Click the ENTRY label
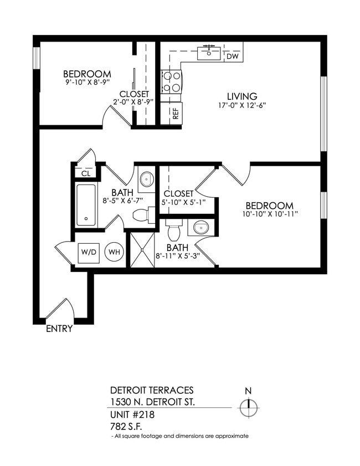[59, 329]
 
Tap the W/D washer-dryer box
[89, 252]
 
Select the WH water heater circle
[115, 252]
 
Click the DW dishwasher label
[233, 57]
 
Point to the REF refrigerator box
[175, 114]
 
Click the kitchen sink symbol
[209, 53]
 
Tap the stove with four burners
[171, 81]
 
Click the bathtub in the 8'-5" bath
[86, 205]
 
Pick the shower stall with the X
[142, 250]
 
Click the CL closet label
[85, 173]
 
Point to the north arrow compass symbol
[249, 408]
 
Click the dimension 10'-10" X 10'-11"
[270, 214]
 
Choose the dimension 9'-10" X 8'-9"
[87, 83]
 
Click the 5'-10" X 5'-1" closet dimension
[178, 202]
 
